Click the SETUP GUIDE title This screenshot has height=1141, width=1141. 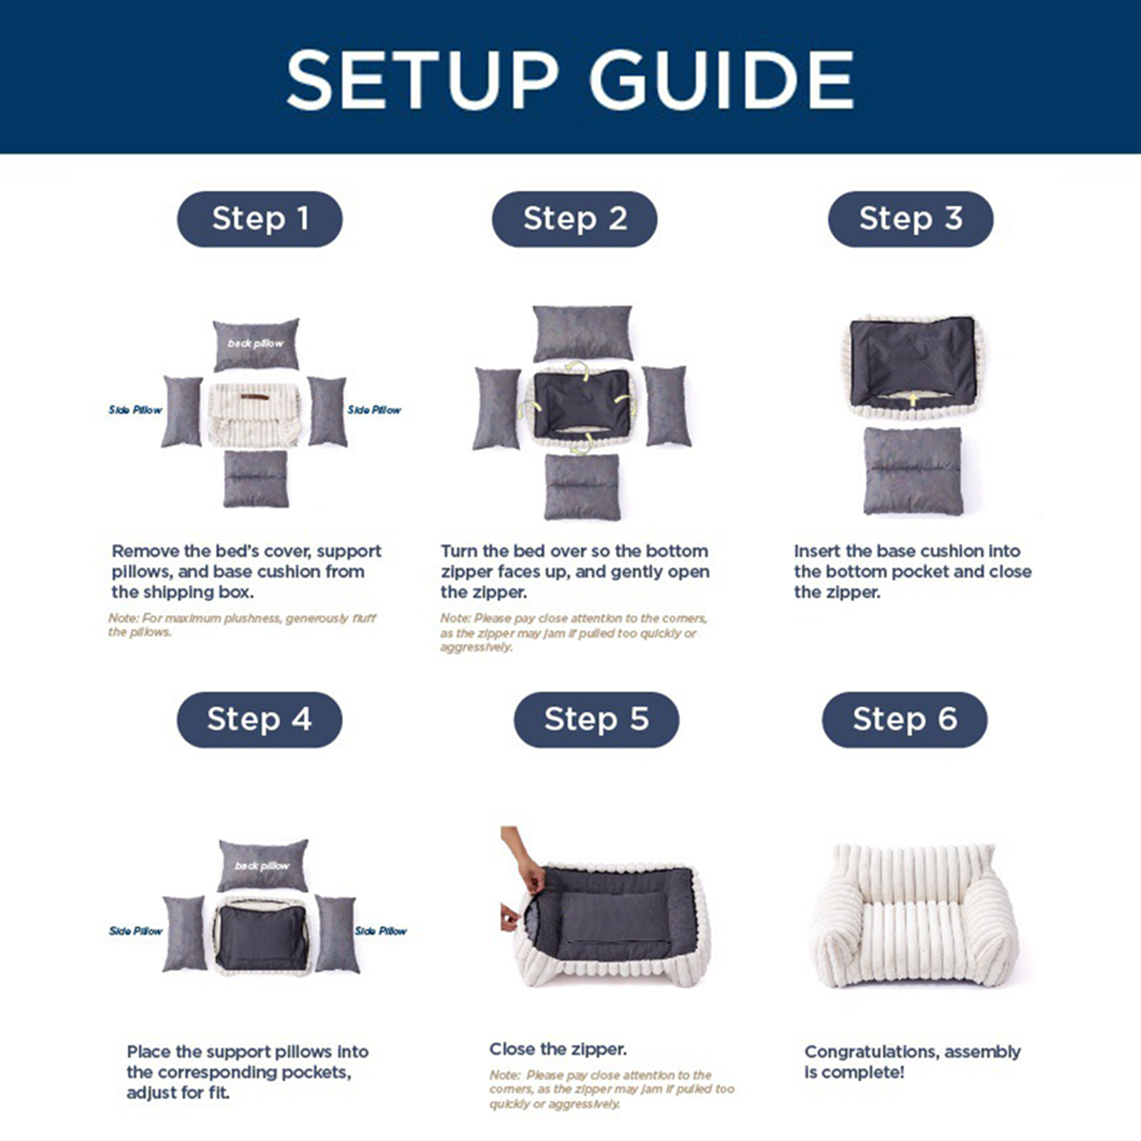tap(570, 79)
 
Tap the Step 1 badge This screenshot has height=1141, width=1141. tap(259, 219)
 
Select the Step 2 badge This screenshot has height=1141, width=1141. tap(574, 219)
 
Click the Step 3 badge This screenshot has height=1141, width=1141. tap(910, 219)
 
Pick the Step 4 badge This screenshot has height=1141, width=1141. tap(259, 719)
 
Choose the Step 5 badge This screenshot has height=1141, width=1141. tap(597, 719)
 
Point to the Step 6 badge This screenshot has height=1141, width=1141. tap(904, 719)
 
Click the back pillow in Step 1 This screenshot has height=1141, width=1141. tap(256, 344)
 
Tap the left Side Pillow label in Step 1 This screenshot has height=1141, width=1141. tap(135, 410)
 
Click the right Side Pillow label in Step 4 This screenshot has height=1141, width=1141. tap(381, 931)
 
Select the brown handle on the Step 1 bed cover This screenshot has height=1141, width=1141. tap(255, 397)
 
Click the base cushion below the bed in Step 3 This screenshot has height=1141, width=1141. tap(913, 470)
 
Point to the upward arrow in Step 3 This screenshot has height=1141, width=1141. tap(913, 401)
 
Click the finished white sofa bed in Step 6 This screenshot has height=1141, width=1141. tap(915, 915)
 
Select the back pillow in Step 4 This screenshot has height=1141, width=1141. tap(263, 865)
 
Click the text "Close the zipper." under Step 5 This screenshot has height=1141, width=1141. tap(558, 1049)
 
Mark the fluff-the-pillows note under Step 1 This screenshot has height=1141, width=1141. tap(242, 625)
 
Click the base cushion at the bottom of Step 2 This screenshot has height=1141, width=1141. tap(582, 487)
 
